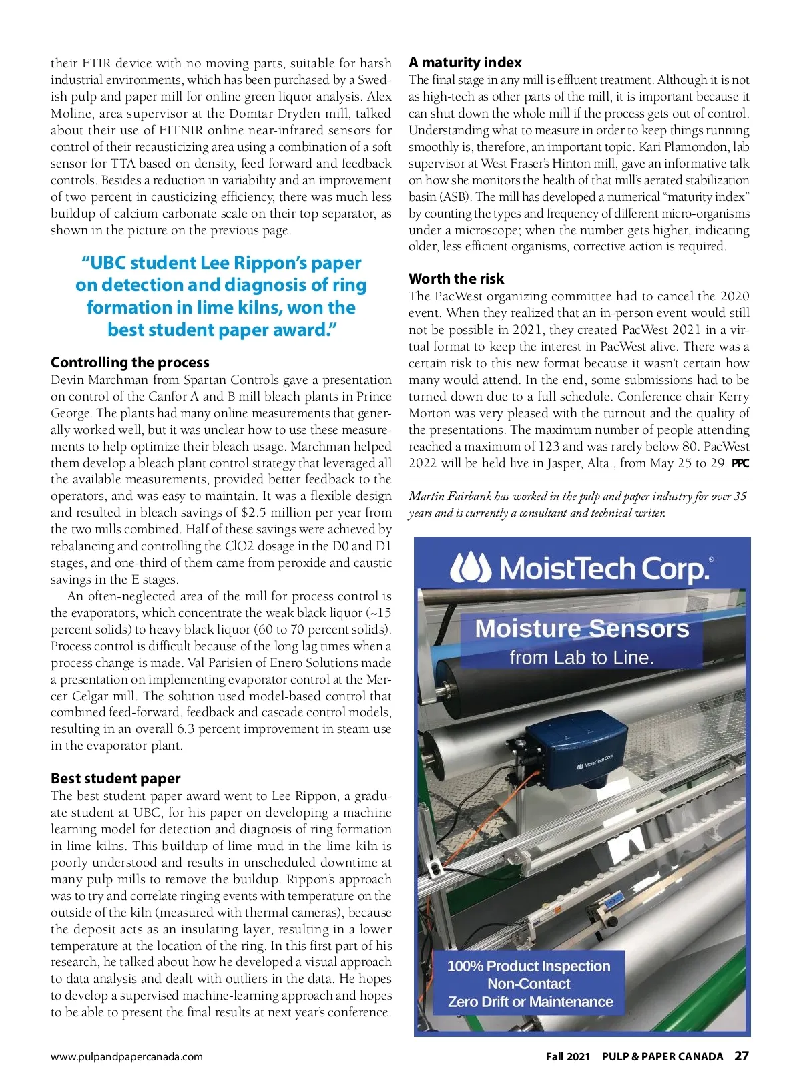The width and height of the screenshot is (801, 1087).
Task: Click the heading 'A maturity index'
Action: [x=465, y=63]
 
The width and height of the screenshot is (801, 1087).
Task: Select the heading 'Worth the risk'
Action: [x=457, y=279]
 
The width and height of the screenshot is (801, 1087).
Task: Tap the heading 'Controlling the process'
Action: [x=130, y=363]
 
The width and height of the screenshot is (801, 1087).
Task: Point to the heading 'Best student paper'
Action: [x=115, y=779]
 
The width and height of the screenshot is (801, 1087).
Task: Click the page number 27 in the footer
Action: [x=741, y=1056]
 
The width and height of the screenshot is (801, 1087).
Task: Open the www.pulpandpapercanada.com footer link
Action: [x=127, y=1057]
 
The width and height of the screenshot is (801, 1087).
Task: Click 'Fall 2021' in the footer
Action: [x=568, y=1057]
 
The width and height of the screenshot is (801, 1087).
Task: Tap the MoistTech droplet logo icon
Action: [x=471, y=568]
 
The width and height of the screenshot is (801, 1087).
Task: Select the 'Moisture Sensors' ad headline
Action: [x=582, y=629]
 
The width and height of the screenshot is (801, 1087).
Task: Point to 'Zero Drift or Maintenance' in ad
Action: [x=530, y=1002]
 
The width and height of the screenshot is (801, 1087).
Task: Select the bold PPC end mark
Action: [x=740, y=463]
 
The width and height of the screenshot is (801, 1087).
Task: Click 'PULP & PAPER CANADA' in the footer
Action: [x=662, y=1057]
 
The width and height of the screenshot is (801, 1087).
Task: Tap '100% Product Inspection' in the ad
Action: [x=529, y=967]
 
